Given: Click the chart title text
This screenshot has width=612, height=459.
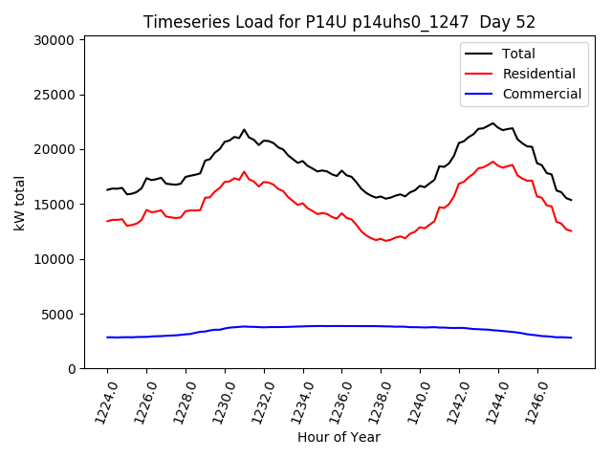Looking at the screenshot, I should pyautogui.click(x=339, y=22).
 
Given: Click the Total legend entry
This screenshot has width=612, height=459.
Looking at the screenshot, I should pyautogui.click(x=518, y=54).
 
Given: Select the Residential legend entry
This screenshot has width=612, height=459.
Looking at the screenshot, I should pyautogui.click(x=538, y=74).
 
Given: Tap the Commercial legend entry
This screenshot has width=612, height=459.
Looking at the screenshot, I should pyautogui.click(x=541, y=94).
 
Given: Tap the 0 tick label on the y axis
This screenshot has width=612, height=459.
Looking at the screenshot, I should pyautogui.click(x=72, y=369).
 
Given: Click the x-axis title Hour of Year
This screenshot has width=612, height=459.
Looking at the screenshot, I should pyautogui.click(x=339, y=437).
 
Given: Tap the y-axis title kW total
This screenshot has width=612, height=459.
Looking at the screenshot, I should pyautogui.click(x=20, y=203).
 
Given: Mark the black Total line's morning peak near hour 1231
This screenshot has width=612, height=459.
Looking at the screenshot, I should pyautogui.click(x=244, y=129).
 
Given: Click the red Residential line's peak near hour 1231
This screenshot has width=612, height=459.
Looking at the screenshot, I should pyautogui.click(x=244, y=172).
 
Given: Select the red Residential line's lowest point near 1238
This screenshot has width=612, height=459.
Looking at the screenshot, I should pyautogui.click(x=386, y=241).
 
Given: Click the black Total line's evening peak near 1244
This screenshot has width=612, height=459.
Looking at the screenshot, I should pyautogui.click(x=493, y=122).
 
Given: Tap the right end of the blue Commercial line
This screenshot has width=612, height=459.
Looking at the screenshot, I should pyautogui.click(x=572, y=338).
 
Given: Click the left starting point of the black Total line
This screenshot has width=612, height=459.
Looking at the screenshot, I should pyautogui.click(x=107, y=189).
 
